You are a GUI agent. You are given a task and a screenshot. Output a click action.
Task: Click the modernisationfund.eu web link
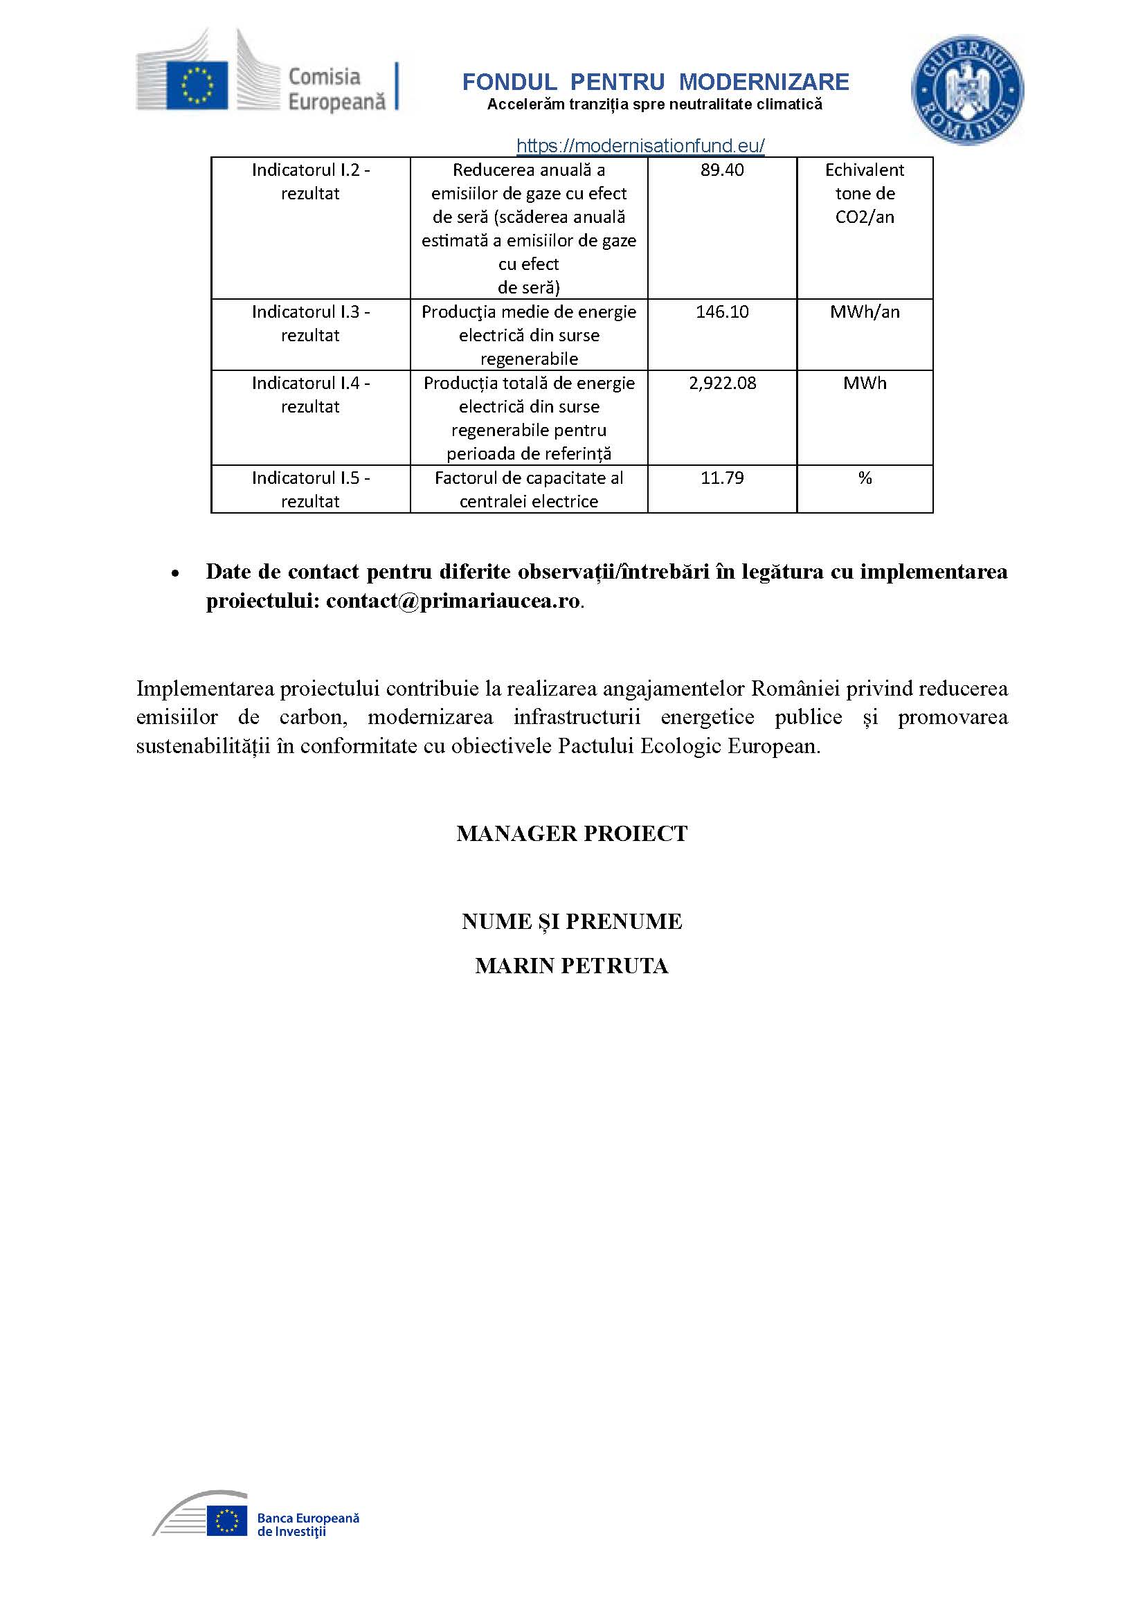[x=640, y=146]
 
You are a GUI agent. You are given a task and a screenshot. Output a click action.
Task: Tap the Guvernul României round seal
[x=966, y=91]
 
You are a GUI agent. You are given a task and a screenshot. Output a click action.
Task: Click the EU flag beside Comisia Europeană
[x=197, y=85]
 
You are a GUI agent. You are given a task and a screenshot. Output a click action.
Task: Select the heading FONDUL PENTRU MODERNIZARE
[x=655, y=82]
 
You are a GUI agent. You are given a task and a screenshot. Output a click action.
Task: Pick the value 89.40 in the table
[x=722, y=170]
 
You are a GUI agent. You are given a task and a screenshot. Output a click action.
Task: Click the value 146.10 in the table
[x=722, y=311]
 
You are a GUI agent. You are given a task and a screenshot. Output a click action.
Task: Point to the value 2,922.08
[x=722, y=383]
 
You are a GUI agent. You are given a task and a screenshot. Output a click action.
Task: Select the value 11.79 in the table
[x=722, y=478]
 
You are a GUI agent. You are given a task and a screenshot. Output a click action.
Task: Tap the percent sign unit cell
[x=865, y=478]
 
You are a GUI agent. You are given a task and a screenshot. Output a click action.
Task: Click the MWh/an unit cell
[x=865, y=311]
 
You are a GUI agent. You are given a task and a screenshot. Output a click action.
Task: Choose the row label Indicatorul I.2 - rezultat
[x=310, y=181]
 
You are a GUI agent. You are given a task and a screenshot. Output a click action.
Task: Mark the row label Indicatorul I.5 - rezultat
[x=310, y=489]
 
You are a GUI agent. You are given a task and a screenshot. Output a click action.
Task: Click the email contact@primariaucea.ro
[x=453, y=601]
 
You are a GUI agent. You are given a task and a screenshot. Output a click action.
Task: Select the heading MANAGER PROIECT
[x=572, y=833]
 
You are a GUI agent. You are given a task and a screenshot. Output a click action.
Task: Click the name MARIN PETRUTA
[x=572, y=966]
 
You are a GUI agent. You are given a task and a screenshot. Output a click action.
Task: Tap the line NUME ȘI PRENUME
[x=572, y=921]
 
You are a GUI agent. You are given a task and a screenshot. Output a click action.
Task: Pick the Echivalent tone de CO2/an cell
[x=865, y=193]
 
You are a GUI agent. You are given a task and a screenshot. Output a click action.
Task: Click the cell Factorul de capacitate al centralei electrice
[x=529, y=489]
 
